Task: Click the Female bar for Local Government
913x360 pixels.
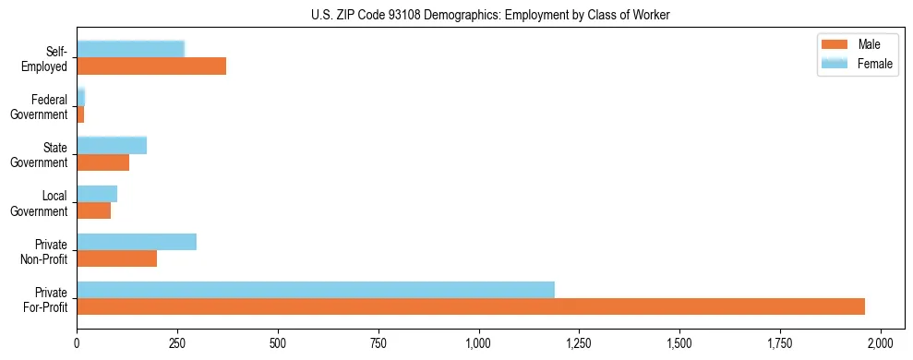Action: point(97,193)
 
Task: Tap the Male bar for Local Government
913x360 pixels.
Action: point(94,210)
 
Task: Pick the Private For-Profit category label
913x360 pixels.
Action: point(45,299)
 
